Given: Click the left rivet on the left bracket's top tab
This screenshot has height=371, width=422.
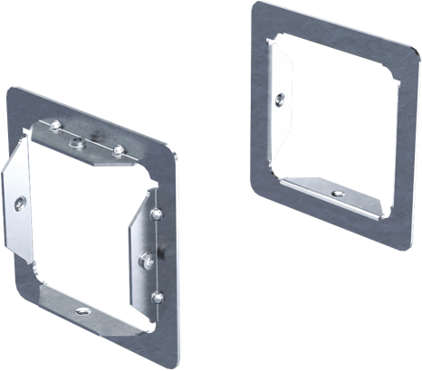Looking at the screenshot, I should [56, 126].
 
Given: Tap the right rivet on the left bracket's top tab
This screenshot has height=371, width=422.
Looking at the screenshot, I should [118, 148].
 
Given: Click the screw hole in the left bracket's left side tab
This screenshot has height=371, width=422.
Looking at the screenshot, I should [19, 205].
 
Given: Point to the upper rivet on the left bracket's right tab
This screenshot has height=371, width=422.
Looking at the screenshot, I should [156, 214].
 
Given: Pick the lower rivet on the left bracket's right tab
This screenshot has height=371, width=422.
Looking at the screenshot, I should [158, 295].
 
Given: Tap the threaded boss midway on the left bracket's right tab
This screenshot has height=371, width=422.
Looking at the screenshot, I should [145, 261].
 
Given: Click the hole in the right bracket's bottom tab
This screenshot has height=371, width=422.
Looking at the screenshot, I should [337, 194].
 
